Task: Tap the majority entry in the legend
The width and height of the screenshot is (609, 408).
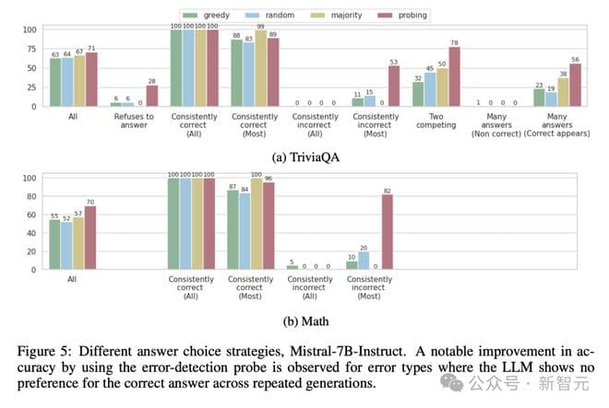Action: click(337, 16)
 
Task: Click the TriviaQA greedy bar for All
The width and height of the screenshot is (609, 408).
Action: click(55, 84)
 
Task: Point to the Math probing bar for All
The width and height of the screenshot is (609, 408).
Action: click(90, 239)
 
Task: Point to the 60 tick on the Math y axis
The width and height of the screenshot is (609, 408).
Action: click(33, 215)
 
